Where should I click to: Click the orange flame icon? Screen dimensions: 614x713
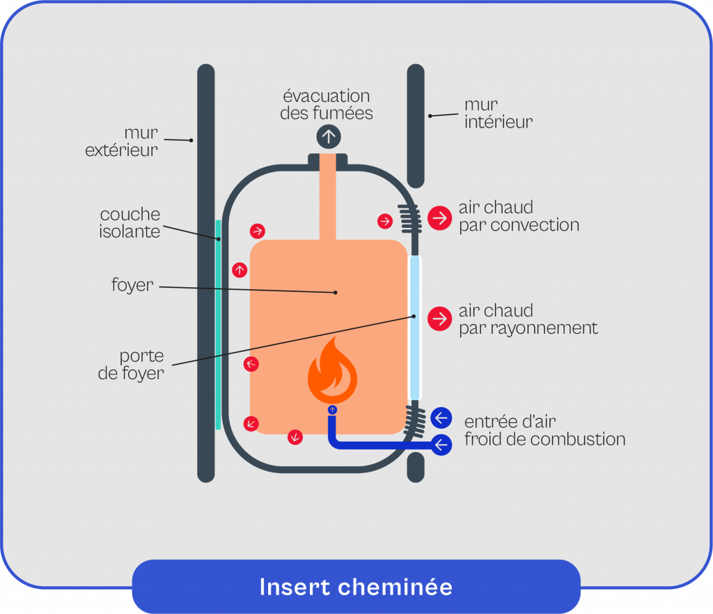[333, 372]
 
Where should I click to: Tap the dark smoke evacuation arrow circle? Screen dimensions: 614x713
[328, 136]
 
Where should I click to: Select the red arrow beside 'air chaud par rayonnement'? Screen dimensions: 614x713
[439, 318]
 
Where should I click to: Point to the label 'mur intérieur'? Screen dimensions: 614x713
[498, 114]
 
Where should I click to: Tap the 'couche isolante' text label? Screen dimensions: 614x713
[130, 223]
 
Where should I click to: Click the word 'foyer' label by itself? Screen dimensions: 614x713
[132, 284]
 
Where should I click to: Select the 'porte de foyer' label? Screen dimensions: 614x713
[131, 364]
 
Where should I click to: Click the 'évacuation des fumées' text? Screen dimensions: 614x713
[327, 104]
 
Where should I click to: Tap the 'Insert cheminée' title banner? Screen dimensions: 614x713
[356, 586]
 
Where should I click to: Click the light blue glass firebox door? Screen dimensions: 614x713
[414, 328]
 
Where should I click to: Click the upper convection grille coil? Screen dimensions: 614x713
[409, 219]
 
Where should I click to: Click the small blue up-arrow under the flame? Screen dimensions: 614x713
[332, 410]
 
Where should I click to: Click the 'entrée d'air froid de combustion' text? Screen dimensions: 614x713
[544, 430]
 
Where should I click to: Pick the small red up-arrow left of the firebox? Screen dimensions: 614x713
[240, 269]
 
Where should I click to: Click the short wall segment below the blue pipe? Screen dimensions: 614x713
[415, 467]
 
